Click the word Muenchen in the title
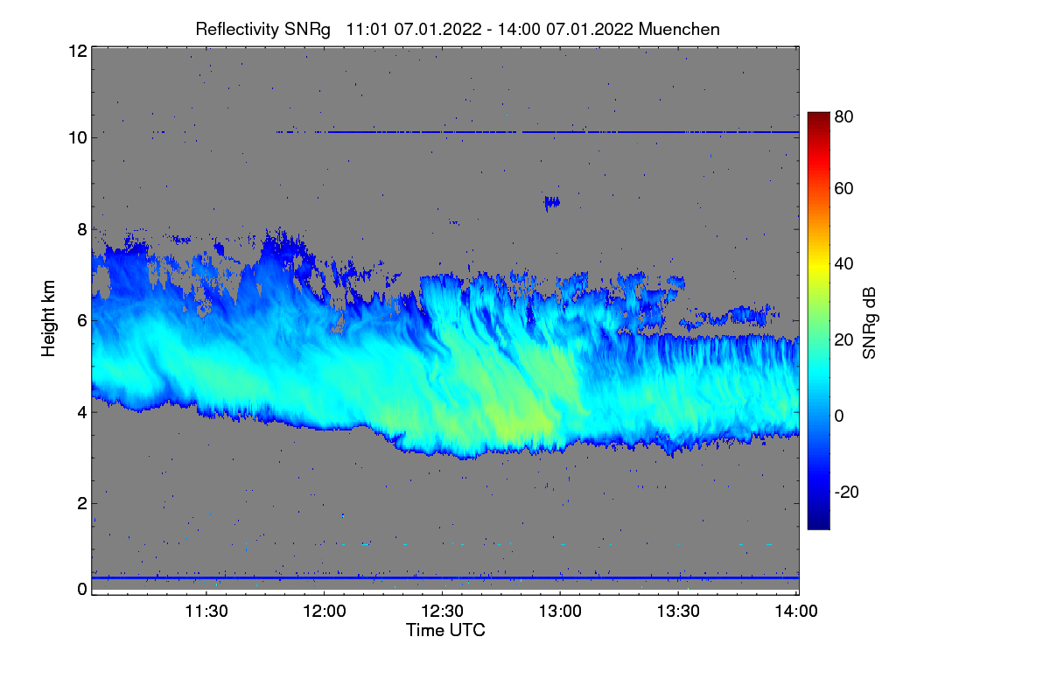679,29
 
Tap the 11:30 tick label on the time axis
206,612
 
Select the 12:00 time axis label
324,612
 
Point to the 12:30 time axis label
443,612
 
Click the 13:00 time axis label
561,612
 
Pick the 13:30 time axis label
679,612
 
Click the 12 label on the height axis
76,51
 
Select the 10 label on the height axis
76,137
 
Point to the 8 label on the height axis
81,229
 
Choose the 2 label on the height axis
81,503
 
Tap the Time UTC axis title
445,630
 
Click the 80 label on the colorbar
843,116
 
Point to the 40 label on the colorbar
843,263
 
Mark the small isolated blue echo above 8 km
551,202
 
